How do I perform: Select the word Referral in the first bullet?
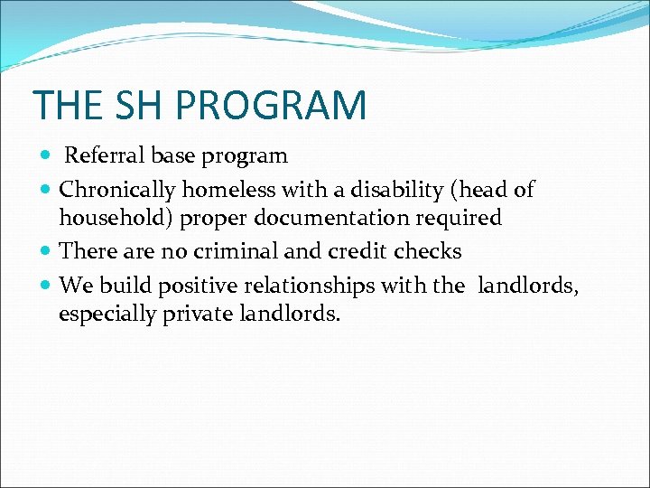pos(100,156)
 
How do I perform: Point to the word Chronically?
pos(117,190)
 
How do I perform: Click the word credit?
pos(367,251)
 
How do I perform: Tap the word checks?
pos(431,251)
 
